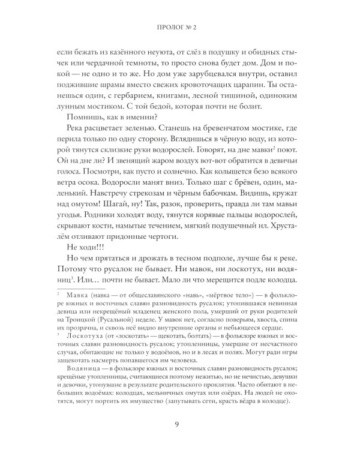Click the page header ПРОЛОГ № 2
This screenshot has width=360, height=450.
pos(180,27)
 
